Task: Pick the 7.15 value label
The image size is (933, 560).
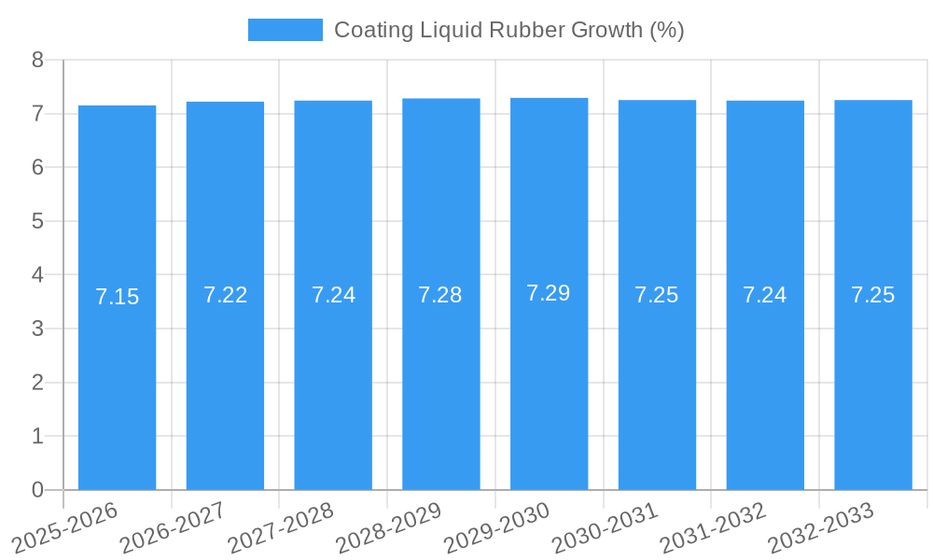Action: coord(117,297)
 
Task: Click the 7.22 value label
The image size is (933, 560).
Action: coord(225,295)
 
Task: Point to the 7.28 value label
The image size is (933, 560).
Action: coord(440,295)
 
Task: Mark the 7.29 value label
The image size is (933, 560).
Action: coord(549,293)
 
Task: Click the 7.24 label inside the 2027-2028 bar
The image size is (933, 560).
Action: coord(333,295)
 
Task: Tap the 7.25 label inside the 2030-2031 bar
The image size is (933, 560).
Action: coord(657,295)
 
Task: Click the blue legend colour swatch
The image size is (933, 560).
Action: coord(285,30)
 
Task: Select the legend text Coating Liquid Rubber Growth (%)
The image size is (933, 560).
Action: coord(509,30)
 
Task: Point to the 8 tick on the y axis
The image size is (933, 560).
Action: coord(37,60)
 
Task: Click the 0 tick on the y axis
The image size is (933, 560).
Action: coord(37,490)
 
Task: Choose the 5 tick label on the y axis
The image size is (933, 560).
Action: coord(37,221)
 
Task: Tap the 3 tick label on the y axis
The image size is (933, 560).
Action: coord(37,329)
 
